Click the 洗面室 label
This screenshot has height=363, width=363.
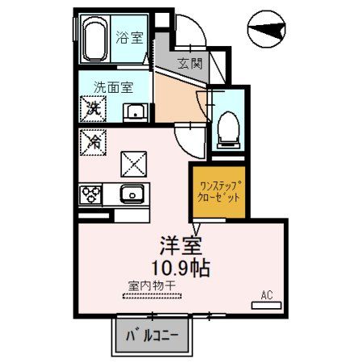tap(112, 86)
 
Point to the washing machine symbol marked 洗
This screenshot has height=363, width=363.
tap(92, 107)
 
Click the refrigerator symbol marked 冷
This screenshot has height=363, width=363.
tap(92, 141)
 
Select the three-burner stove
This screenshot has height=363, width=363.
tap(90, 195)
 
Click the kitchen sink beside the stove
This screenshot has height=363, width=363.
tap(131, 194)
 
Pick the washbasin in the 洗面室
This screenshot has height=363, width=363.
tap(134, 111)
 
